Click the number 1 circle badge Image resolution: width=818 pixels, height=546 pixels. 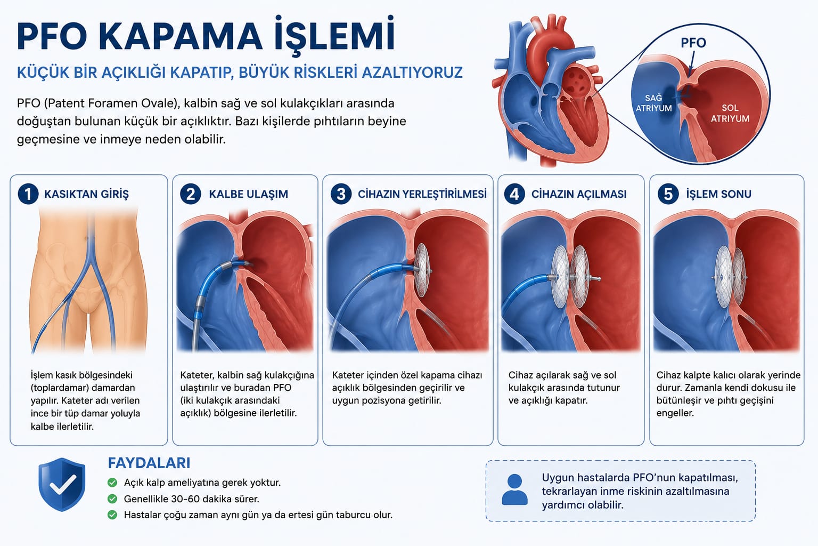click(28, 194)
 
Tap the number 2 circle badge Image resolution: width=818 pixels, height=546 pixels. click(191, 194)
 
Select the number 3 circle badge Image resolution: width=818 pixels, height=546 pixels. click(341, 194)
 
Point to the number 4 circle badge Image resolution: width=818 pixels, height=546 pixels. click(514, 194)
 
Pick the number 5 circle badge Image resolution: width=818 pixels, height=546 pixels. click(668, 194)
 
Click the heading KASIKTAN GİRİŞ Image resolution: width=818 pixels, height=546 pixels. click(87, 194)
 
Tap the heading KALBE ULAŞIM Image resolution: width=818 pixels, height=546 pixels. click(248, 194)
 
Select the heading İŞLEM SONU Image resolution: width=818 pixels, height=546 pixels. click(718, 194)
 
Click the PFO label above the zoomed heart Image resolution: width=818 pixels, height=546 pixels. click(693, 43)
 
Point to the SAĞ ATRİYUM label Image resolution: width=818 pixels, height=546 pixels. click(653, 103)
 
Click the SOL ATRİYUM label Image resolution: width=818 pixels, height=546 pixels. click(730, 114)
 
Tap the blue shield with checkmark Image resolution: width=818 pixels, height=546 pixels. click(62, 485)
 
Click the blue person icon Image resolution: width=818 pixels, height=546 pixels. click(514, 489)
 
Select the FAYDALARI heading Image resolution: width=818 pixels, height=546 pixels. click(149, 463)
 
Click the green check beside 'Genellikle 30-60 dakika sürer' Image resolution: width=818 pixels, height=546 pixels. click(112, 499)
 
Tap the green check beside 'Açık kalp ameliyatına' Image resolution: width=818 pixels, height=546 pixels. click(112, 483)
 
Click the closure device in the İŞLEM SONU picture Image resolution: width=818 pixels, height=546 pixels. click(729, 277)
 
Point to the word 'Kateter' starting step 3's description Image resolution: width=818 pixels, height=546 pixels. click(348, 375)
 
